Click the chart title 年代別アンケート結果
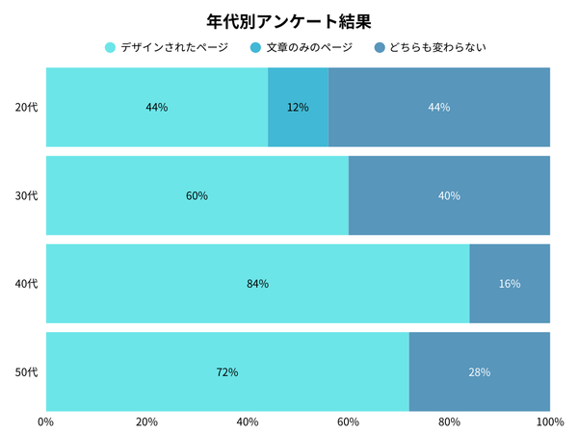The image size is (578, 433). tap(289, 19)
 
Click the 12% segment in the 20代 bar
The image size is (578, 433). tap(298, 107)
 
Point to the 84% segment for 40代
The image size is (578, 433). tap(257, 284)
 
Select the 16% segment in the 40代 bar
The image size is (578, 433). tap(510, 284)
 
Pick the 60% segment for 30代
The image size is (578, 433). tap(197, 195)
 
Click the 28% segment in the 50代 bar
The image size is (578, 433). tap(480, 371)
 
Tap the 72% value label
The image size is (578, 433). tap(227, 371)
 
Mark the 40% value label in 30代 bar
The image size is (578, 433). tap(449, 195)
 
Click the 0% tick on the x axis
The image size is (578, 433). tap(45, 421)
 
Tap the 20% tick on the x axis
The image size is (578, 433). tap(146, 421)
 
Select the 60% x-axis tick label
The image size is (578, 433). tap(348, 421)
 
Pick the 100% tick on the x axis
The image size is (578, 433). tap(549, 421)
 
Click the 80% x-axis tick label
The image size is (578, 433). tap(449, 421)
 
